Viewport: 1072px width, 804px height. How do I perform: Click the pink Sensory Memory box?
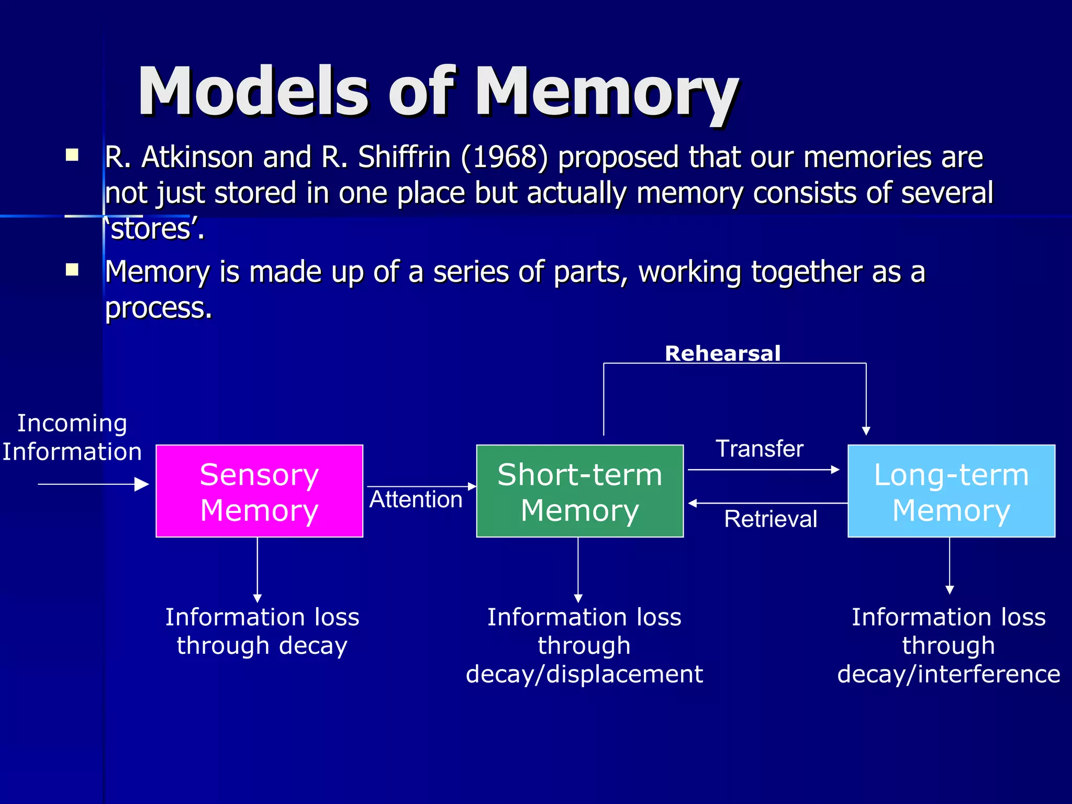259,491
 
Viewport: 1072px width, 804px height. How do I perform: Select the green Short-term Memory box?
579,491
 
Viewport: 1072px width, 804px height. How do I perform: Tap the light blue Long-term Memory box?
951,491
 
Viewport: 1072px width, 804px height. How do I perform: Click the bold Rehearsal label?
722,353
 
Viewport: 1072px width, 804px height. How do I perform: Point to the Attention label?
416,499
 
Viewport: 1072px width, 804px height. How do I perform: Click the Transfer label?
759,449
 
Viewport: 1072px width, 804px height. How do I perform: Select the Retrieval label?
770,519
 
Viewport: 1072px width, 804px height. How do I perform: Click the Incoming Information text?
72,437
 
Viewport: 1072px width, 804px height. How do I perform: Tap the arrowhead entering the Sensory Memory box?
142,484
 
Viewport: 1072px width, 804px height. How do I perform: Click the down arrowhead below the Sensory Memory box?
257,598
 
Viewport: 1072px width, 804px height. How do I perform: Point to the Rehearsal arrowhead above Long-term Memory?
866,431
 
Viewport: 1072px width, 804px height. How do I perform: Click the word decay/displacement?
584,674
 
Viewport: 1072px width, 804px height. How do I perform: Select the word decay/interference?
948,674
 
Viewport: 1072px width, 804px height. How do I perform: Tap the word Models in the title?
254,92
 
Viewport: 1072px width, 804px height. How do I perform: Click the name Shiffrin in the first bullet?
404,157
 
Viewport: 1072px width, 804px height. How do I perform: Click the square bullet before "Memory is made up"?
72,270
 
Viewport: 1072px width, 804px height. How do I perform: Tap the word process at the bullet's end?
158,308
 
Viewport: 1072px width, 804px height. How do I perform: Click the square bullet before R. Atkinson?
72,155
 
